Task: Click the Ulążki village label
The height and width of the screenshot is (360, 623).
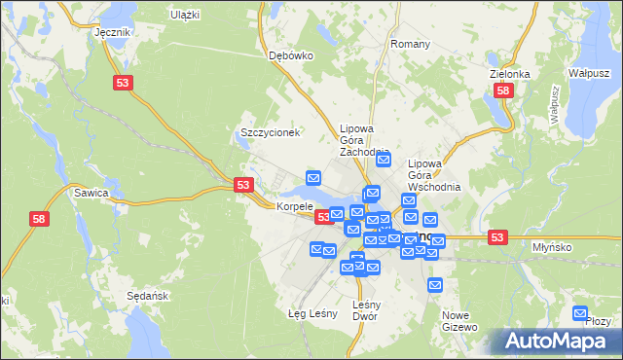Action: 184,15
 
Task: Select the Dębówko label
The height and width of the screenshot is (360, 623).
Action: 290,55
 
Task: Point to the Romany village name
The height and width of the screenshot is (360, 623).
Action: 410,45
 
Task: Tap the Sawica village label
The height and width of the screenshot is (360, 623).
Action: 91,193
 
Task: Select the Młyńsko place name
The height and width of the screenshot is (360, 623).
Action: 578,247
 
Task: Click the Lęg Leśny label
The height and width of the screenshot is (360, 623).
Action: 312,313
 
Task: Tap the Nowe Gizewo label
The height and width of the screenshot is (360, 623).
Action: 462,321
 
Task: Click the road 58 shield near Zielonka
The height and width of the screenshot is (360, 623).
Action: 502,90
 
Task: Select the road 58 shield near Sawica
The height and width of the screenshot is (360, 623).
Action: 38,221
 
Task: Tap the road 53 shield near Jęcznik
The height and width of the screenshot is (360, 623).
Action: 123,85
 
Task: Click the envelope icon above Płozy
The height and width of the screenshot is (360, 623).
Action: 580,312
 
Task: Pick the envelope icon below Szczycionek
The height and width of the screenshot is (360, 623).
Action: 313,177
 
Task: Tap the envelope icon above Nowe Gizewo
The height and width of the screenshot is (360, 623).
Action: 435,284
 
